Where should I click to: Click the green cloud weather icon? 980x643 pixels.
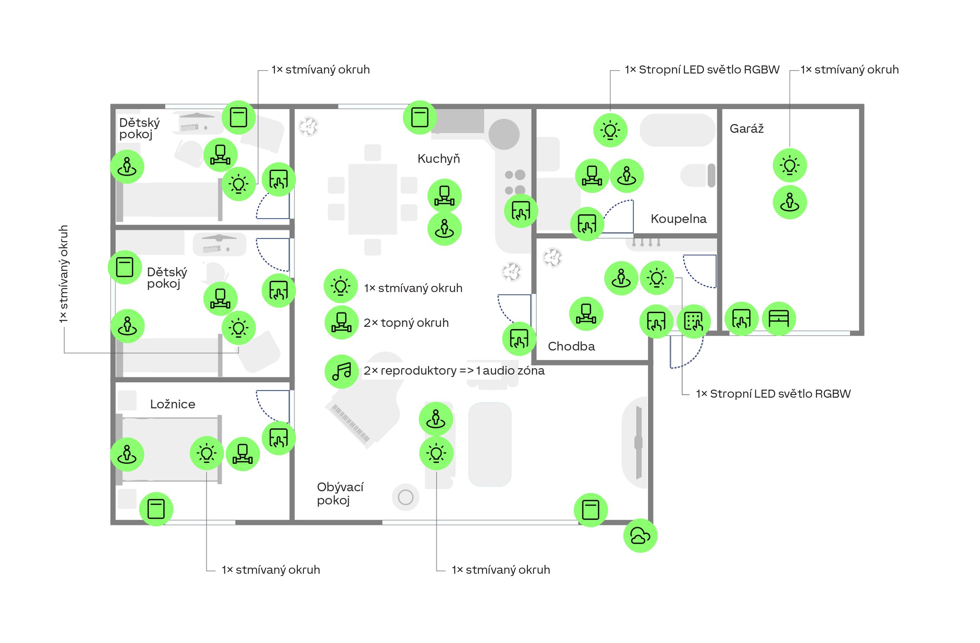coord(640,535)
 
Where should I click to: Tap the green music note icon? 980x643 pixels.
coord(342,371)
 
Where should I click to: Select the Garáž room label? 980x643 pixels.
coord(746,129)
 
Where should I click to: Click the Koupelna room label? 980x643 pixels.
coord(679,219)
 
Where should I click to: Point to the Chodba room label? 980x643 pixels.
coord(572,346)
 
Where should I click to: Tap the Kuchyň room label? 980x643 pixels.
coord(439,158)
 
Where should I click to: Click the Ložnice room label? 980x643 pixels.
coord(173,404)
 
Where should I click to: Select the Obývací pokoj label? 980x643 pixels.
coord(340,493)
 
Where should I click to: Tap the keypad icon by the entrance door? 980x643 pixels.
coord(694,321)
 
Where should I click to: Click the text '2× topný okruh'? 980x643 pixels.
coord(406,323)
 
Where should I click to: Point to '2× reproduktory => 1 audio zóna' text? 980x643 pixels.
coord(454,371)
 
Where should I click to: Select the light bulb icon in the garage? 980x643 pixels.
coord(790,165)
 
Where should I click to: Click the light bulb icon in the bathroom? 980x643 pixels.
coord(610,130)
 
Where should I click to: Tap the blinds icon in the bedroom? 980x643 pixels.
coord(156,509)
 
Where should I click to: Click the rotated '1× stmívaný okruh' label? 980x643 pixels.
coord(64,274)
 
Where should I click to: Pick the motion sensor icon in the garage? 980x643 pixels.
coord(790,202)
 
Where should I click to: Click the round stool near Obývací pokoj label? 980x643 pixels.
coord(405,497)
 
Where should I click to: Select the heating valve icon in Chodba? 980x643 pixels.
coord(586,314)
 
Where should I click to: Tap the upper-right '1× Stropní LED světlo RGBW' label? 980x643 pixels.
coord(702,70)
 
